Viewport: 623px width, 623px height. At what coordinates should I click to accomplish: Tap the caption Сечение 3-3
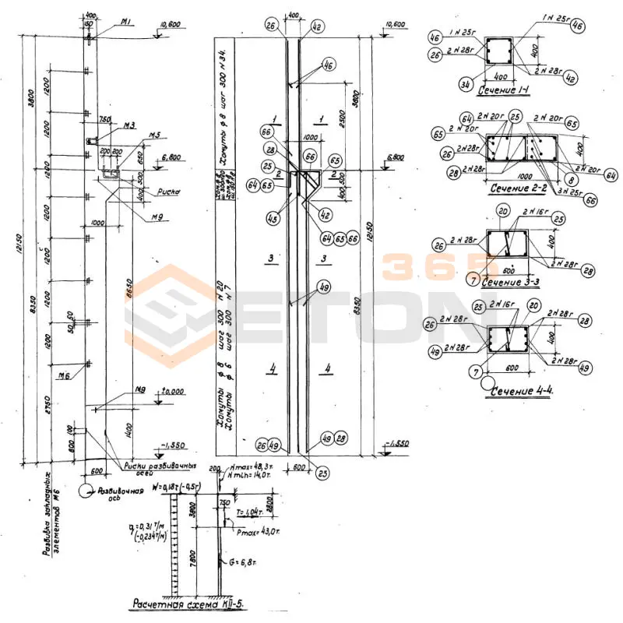[513, 280]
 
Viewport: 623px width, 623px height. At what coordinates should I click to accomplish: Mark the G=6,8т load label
[241, 561]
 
